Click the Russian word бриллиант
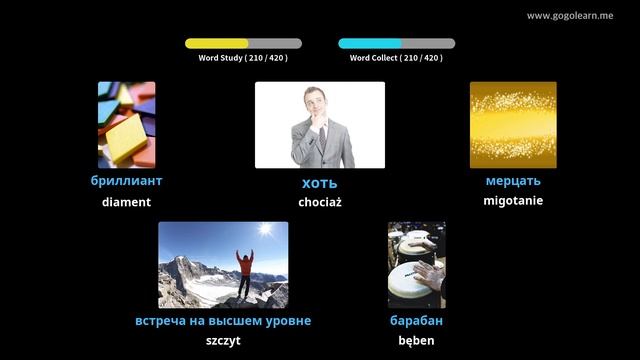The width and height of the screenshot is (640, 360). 126,181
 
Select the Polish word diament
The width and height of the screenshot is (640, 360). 126,202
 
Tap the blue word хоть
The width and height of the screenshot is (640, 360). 320,183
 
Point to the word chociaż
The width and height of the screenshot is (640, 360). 320,202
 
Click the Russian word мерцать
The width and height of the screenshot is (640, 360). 513,181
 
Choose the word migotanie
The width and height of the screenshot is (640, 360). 513,201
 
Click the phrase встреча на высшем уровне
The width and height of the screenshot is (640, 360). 223,321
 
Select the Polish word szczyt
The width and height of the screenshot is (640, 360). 223,341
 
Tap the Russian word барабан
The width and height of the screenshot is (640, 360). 416,321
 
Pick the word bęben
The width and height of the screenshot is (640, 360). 416,341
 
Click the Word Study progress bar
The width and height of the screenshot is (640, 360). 243,44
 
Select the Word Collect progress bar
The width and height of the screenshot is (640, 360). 396,44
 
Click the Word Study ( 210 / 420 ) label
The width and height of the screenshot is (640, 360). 243,58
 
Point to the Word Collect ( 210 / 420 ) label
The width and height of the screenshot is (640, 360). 396,58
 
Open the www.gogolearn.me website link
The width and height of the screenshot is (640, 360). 570,16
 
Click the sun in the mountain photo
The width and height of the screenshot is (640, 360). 264,230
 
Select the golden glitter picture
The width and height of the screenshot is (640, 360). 513,125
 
